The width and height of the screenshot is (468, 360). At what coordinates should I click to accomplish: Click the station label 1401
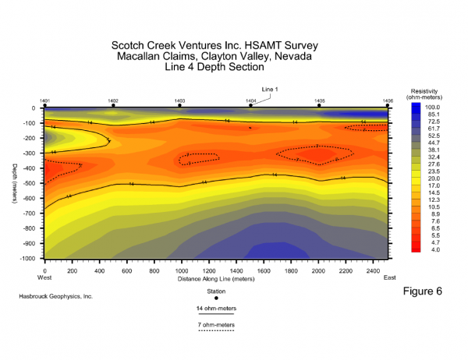(x=45, y=101)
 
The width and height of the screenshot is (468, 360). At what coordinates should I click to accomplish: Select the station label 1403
(x=180, y=101)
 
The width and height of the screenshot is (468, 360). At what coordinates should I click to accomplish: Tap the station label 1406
(x=388, y=101)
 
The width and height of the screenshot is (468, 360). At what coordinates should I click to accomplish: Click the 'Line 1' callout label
(x=270, y=88)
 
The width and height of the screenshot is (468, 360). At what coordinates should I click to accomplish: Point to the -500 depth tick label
(x=32, y=185)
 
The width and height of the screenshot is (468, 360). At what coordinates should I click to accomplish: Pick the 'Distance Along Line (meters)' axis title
(x=216, y=277)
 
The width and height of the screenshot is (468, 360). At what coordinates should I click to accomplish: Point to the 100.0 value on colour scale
(x=434, y=107)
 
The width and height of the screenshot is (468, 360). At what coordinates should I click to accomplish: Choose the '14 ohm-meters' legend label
(x=216, y=309)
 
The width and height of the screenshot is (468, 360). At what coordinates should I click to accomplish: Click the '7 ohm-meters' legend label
(x=216, y=323)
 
